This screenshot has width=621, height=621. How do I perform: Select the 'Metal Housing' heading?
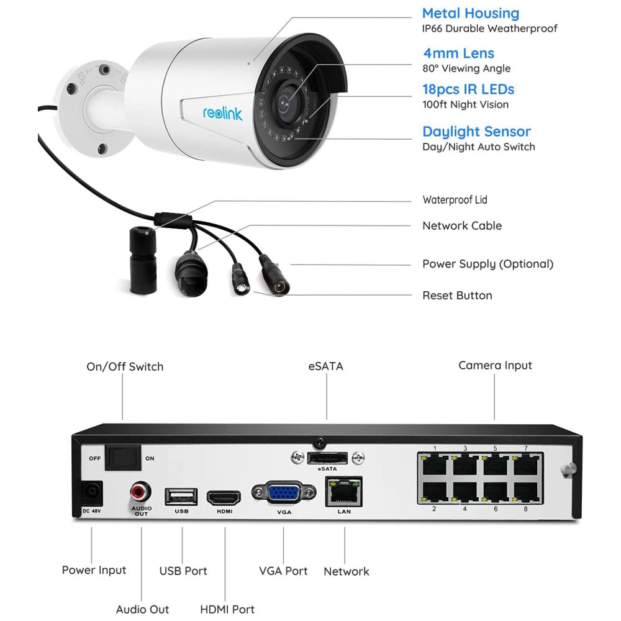click(x=470, y=13)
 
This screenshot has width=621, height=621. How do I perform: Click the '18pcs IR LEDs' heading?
click(x=468, y=89)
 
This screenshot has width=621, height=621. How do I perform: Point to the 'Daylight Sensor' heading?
click(x=476, y=132)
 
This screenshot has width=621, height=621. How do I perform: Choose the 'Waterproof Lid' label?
click(x=455, y=200)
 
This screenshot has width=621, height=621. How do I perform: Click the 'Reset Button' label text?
click(x=457, y=296)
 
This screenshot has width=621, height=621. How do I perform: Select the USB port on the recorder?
click(x=181, y=496)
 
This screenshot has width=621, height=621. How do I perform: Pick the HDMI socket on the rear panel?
click(x=224, y=497)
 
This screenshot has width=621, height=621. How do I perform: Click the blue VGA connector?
click(x=284, y=494)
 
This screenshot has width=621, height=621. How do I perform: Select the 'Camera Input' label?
click(x=495, y=365)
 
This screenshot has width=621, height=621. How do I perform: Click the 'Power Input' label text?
click(x=94, y=570)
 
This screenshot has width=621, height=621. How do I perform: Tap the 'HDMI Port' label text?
click(x=227, y=610)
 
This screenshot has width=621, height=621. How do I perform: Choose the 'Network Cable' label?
click(x=461, y=226)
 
